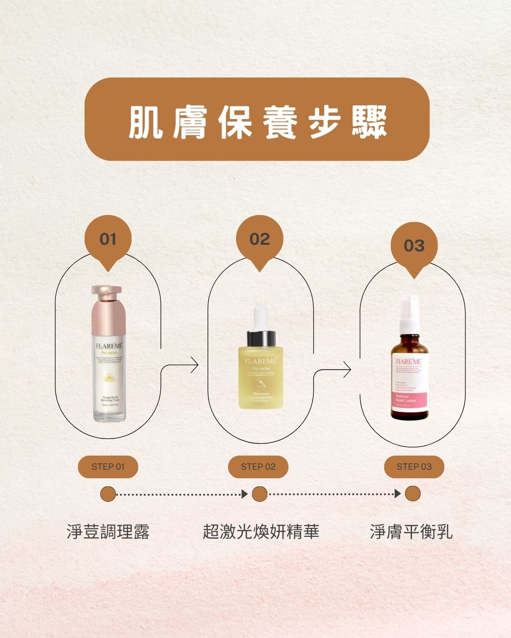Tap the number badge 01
pyautogui.click(x=108, y=239)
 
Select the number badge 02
pyautogui.click(x=259, y=239)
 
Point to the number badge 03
pyautogui.click(x=414, y=246)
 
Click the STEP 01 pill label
pyautogui.click(x=108, y=467)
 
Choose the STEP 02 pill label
pyautogui.click(x=258, y=467)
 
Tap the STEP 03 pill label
pyautogui.click(x=414, y=467)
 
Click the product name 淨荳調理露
pyautogui.click(x=108, y=532)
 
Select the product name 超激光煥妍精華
pyautogui.click(x=261, y=532)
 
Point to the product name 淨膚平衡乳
pyautogui.click(x=411, y=532)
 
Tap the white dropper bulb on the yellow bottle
pyautogui.click(x=260, y=318)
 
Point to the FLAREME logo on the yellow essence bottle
pyautogui.click(x=261, y=361)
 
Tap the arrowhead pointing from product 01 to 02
pyautogui.click(x=194, y=365)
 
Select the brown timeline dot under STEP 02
pyautogui.click(x=259, y=494)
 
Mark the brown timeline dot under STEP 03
pyautogui.click(x=413, y=494)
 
